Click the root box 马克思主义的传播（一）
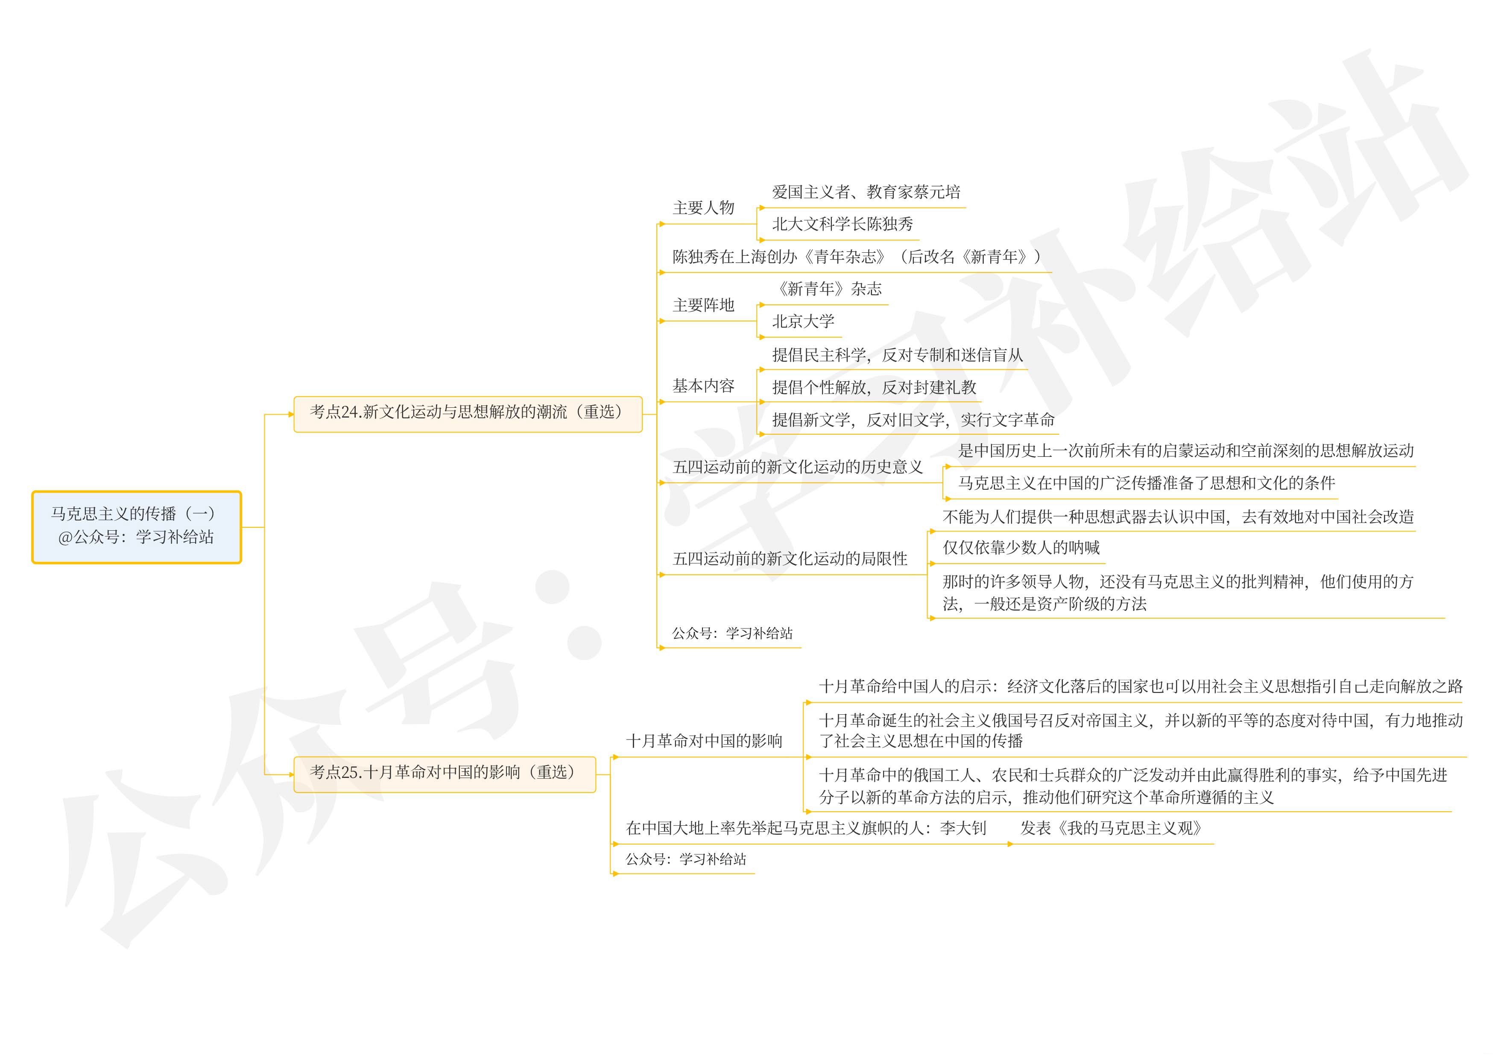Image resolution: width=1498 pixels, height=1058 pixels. click(x=136, y=526)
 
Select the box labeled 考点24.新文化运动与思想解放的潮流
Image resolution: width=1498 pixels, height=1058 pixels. click(x=467, y=413)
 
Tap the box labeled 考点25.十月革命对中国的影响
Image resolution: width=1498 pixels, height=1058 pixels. click(x=444, y=774)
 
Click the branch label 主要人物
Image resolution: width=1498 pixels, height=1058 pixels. click(x=703, y=208)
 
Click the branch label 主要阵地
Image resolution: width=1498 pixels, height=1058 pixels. click(x=703, y=305)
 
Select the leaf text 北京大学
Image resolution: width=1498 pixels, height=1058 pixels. click(x=803, y=321)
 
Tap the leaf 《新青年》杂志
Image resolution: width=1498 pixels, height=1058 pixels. click(x=827, y=289)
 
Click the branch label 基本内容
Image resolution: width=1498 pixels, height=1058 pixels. click(x=703, y=386)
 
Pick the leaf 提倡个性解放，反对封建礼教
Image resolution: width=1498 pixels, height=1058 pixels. click(x=874, y=387)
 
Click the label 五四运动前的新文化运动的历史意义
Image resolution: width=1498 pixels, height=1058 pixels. click(x=797, y=467)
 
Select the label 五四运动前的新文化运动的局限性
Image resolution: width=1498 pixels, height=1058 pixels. click(x=790, y=559)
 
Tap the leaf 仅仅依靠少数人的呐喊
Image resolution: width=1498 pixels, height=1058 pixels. click(x=1021, y=548)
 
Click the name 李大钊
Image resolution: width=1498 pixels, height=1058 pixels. click(x=963, y=828)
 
